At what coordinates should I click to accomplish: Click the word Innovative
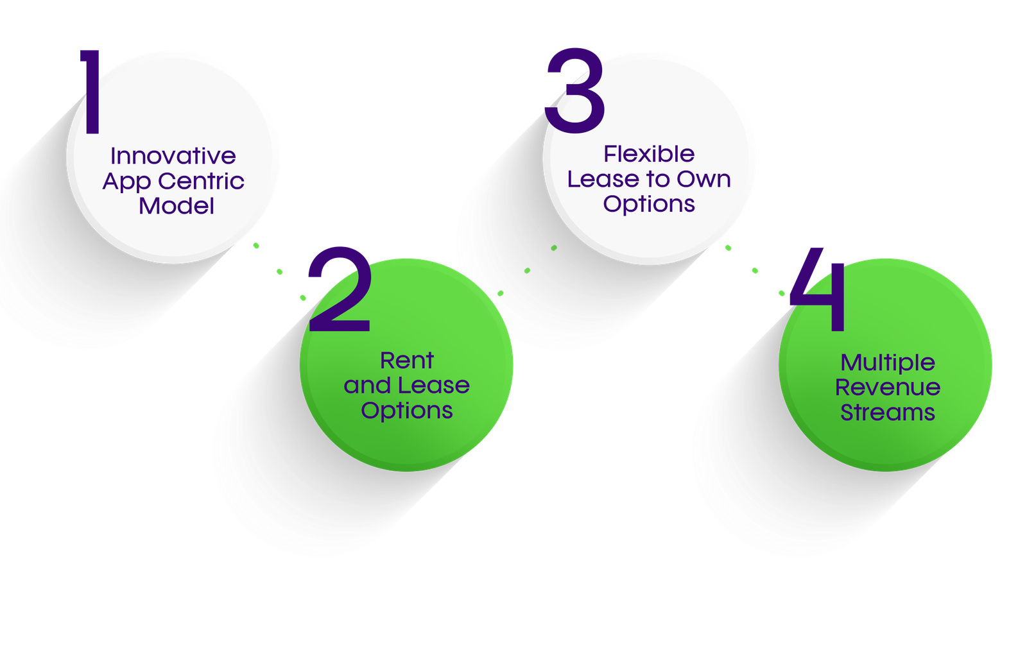pos(173,156)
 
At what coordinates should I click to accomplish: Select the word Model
pos(177,206)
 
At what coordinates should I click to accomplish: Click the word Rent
pos(407,361)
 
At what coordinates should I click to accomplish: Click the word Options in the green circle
pos(407,411)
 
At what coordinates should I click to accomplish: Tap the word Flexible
pos(649,154)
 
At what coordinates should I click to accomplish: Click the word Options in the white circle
pos(649,204)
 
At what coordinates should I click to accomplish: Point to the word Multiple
pos(888,363)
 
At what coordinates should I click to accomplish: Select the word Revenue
pos(888,388)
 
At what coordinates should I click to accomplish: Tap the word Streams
pos(888,413)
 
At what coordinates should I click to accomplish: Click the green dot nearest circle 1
pos(256,245)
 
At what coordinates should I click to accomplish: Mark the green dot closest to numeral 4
pos(782,293)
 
